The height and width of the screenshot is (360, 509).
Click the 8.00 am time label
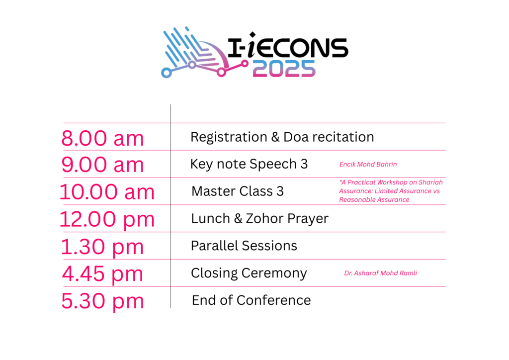pos(102,138)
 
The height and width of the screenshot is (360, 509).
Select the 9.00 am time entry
pos(102,165)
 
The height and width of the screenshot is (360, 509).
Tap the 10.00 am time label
pos(107,192)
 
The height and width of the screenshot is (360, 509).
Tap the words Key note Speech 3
pos(249,164)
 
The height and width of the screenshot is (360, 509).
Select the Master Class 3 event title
pos(237,191)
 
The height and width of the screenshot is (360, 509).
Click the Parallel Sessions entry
pos(244,246)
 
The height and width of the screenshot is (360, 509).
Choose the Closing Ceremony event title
pos(249,273)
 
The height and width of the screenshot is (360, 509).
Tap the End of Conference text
pos(251,300)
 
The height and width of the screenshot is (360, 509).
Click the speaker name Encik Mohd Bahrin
pos(368,164)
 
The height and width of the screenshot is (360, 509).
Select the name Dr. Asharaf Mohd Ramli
pos(380,273)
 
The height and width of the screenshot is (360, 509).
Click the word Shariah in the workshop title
pos(430,182)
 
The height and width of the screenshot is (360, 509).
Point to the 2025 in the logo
pos(284,69)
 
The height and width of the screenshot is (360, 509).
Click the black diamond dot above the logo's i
pos(252,35)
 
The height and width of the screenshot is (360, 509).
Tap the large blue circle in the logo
pos(166,73)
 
